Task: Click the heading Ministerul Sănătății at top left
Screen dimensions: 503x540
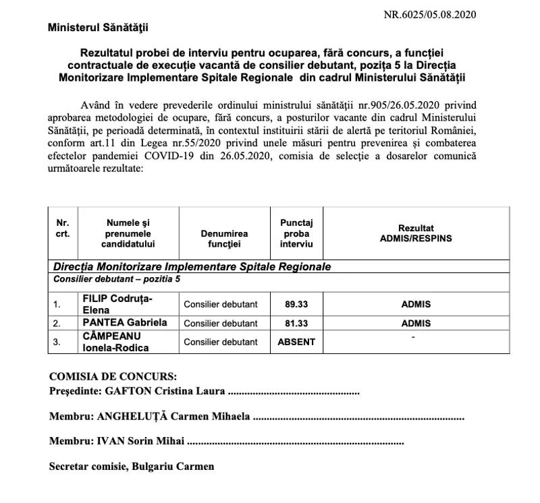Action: tap(97, 28)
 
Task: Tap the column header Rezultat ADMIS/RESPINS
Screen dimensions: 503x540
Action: tap(416, 233)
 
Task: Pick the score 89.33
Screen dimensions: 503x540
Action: tap(297, 304)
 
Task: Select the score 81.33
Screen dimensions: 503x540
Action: tap(297, 323)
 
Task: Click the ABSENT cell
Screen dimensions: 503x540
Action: tap(297, 342)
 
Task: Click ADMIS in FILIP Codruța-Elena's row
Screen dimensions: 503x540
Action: tap(416, 304)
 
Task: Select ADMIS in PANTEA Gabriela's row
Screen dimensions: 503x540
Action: tap(416, 323)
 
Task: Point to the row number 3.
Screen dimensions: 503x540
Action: tap(57, 342)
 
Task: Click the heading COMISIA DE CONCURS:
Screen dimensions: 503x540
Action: tap(113, 376)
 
